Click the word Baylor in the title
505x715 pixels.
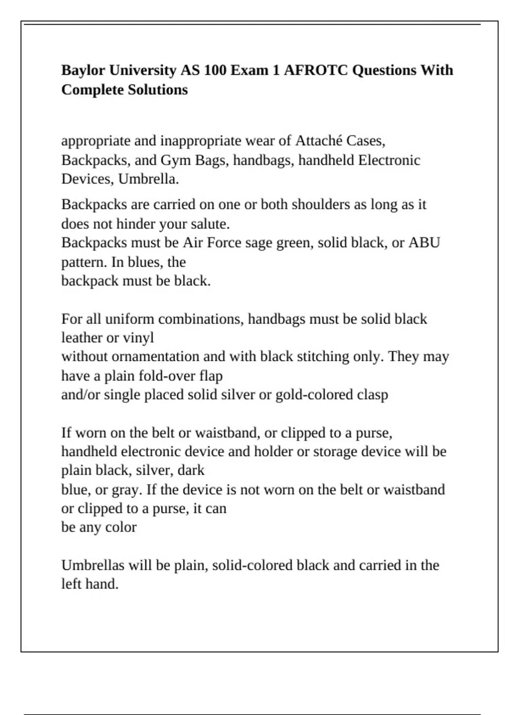coord(83,70)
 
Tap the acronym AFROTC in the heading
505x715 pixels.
coord(316,70)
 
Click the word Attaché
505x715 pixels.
coord(319,140)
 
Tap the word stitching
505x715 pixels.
coord(323,357)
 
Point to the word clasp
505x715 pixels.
coord(372,395)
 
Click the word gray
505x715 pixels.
coord(126,490)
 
